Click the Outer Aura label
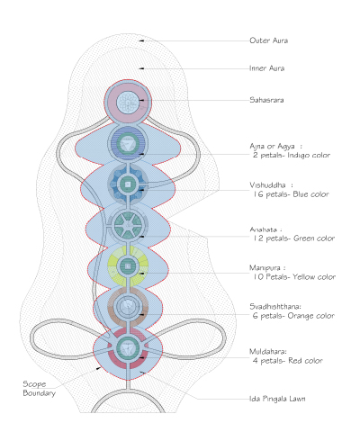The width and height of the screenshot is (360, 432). [x=268, y=40]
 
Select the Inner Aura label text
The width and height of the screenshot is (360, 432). [x=266, y=68]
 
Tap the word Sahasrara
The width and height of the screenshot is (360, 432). [x=266, y=100]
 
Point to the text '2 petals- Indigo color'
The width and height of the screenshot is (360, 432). [x=292, y=155]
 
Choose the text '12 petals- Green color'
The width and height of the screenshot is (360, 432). [x=292, y=238]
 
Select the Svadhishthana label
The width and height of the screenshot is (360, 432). [x=275, y=306]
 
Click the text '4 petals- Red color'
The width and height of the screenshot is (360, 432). [x=287, y=361]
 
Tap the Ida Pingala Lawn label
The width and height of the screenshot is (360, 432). [x=277, y=399]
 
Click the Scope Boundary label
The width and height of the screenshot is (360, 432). [x=39, y=389]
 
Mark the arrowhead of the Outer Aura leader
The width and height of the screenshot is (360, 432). [x=141, y=40]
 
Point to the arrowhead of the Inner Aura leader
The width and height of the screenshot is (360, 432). [x=141, y=68]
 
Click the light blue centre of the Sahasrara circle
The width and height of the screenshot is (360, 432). [x=128, y=102]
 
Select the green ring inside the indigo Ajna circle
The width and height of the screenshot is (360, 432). [x=128, y=142]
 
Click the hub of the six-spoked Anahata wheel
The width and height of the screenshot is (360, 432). [x=128, y=223]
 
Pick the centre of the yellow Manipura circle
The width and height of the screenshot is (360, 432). [x=128, y=265]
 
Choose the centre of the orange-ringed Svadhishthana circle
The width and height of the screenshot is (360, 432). [x=128, y=307]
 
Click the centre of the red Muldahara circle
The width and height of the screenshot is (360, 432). [x=128, y=348]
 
